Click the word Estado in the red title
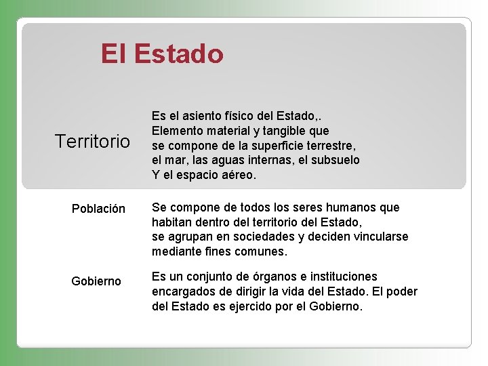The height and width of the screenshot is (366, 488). click(179, 54)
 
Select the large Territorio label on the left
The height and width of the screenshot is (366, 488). click(92, 142)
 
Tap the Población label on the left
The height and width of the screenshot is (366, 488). click(98, 209)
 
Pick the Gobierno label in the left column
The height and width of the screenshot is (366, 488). click(96, 281)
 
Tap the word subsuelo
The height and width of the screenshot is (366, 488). click(335, 160)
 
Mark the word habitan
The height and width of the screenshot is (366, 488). click(172, 222)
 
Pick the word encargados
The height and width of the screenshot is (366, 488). click(184, 291)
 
